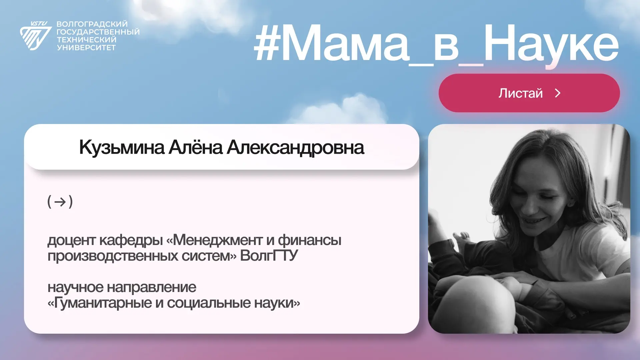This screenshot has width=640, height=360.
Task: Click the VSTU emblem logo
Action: pyautogui.click(x=36, y=36)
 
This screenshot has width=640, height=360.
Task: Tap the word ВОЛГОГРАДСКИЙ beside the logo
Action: pyautogui.click(x=92, y=24)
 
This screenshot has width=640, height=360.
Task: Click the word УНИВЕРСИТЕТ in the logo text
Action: pyautogui.click(x=86, y=48)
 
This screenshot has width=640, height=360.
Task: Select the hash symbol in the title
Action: pyautogui.click(x=266, y=44)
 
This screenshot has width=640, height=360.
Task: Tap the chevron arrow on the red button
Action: pyautogui.click(x=558, y=93)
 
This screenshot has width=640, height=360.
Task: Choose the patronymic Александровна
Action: pyautogui.click(x=295, y=148)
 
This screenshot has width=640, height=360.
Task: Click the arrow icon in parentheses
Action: pyautogui.click(x=60, y=202)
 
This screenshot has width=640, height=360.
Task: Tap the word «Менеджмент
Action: pyautogui.click(x=214, y=240)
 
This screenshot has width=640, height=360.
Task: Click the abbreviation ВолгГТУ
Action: pyautogui.click(x=269, y=256)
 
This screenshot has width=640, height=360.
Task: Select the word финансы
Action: pyautogui.click(x=310, y=240)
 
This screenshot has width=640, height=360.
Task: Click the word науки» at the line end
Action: pyautogui.click(x=277, y=303)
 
